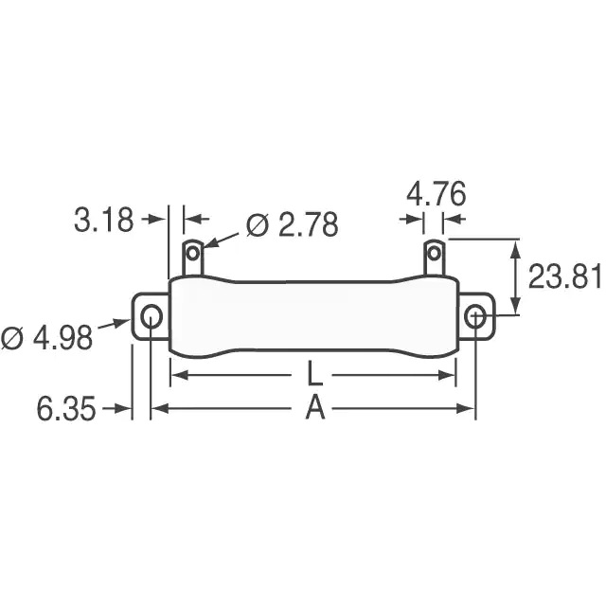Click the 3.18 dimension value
coord(103,220)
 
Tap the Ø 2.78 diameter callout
coord(293,224)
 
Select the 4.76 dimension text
coord(436,193)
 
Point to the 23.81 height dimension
coord(564,276)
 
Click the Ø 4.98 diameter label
coord(47,337)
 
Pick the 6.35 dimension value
coord(65,408)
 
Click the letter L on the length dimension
coord(315,374)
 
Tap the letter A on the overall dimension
coord(315,408)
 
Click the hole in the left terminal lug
coord(193,254)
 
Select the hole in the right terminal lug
coord(434,254)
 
